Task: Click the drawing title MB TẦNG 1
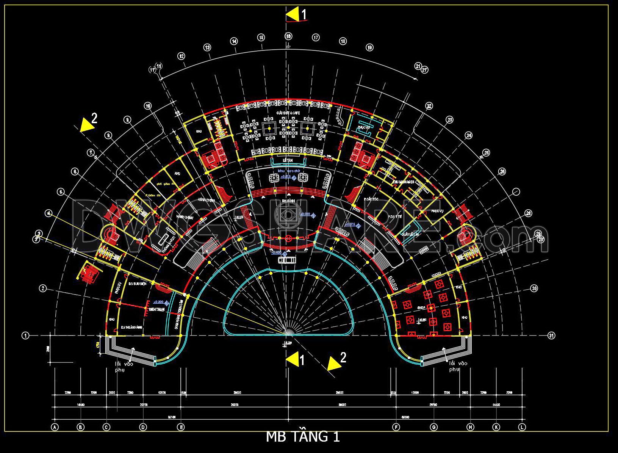(303, 437)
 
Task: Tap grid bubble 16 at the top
(289, 36)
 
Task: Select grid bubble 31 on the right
(551, 335)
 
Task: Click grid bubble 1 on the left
(25, 335)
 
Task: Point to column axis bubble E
(181, 427)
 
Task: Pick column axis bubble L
(523, 427)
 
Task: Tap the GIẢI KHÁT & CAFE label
(288, 113)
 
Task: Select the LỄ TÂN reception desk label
(288, 161)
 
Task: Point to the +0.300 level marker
(158, 302)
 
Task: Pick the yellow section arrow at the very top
(292, 15)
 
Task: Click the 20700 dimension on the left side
(144, 405)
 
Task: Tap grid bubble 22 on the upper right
(429, 106)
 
